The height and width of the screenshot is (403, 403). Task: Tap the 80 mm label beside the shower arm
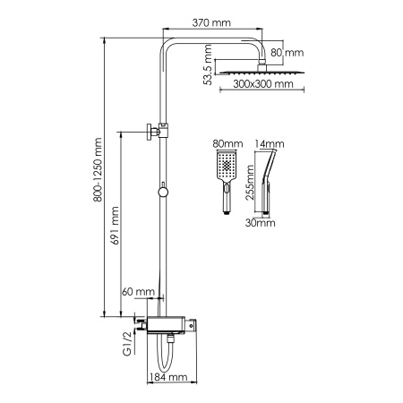[x=287, y=52]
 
